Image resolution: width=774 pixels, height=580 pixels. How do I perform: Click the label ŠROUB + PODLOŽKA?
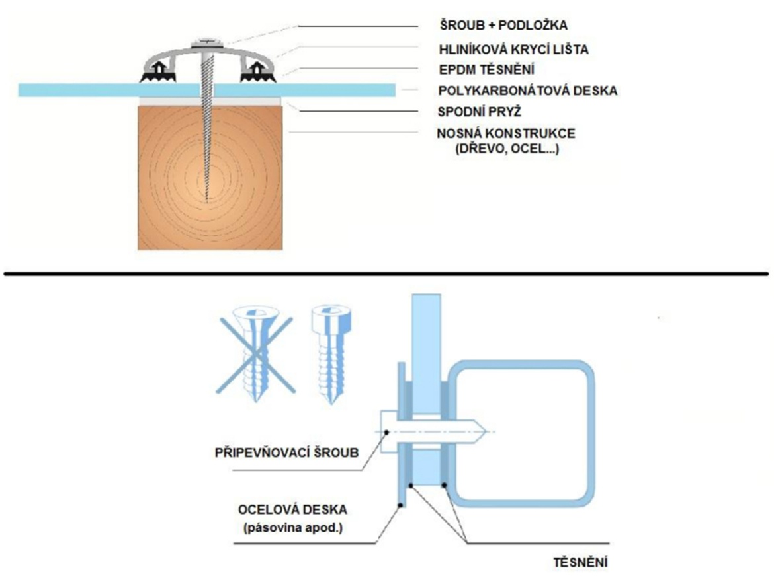point(503,26)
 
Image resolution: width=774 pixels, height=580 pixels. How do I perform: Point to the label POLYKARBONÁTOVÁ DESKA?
point(528,91)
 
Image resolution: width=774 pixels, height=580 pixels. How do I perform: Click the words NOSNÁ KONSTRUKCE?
point(505,134)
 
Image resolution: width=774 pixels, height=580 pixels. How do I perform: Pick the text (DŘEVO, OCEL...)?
point(506,149)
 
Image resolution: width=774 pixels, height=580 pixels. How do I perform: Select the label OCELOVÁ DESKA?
point(292,511)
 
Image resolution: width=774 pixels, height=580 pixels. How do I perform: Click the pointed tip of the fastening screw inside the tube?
point(484,431)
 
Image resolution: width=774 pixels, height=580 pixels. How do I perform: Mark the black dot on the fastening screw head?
point(384,431)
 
